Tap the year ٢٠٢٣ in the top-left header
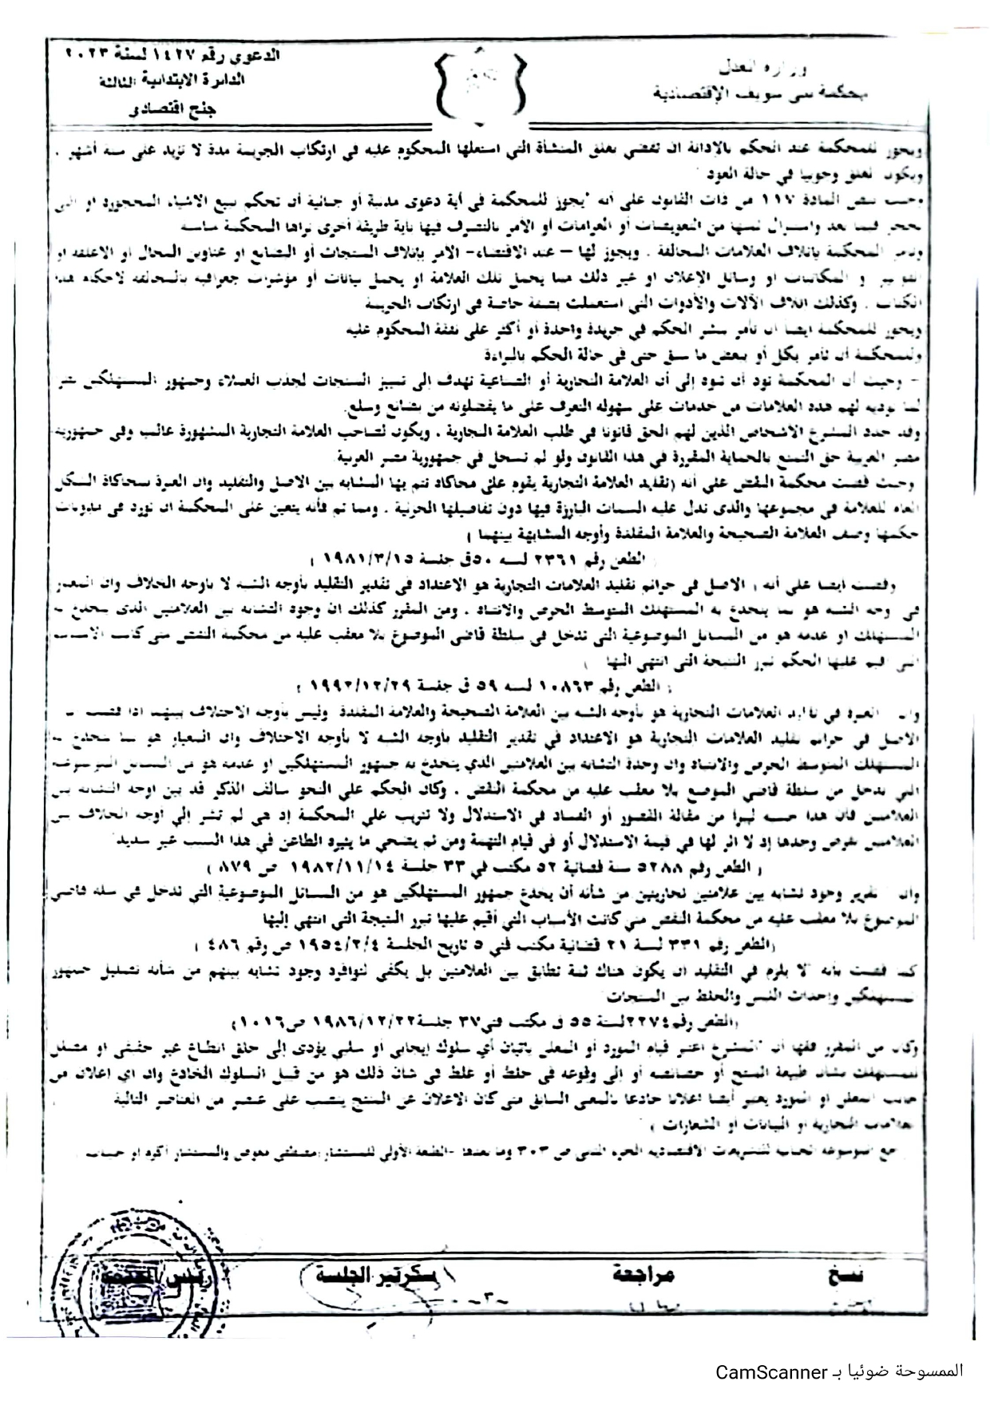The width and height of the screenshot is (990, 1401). coord(86,56)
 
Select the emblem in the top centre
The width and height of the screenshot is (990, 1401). coord(481,85)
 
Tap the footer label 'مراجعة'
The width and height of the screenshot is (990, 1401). coord(644,1274)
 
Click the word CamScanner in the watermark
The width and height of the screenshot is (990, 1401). coord(770,1371)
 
